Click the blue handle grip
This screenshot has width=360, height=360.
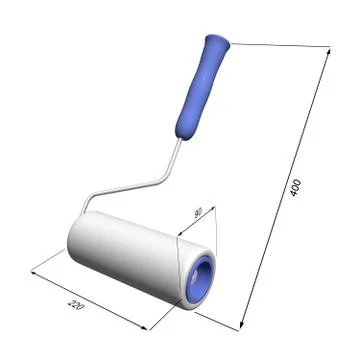199,88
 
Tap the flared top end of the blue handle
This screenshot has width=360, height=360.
218,40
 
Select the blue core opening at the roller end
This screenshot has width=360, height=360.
200,281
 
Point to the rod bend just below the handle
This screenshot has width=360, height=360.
167,178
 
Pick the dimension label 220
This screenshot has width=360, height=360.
76,305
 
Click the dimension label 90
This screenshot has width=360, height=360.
199,213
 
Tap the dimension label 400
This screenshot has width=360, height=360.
296,188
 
